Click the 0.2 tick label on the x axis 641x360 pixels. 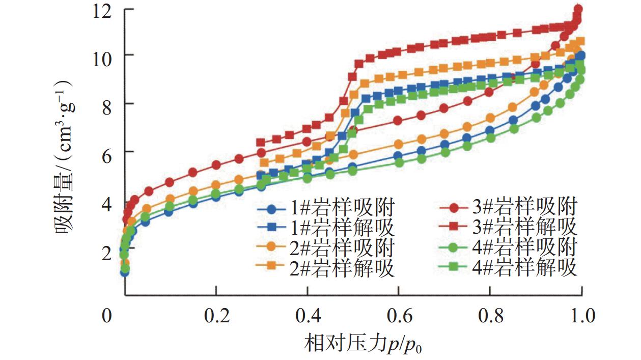point(216,316)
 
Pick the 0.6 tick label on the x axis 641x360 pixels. point(399,316)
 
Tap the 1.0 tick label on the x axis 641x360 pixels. point(581,316)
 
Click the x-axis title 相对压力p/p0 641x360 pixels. point(356,344)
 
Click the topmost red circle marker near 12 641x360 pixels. point(578,9)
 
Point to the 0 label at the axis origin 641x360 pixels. point(106,316)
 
